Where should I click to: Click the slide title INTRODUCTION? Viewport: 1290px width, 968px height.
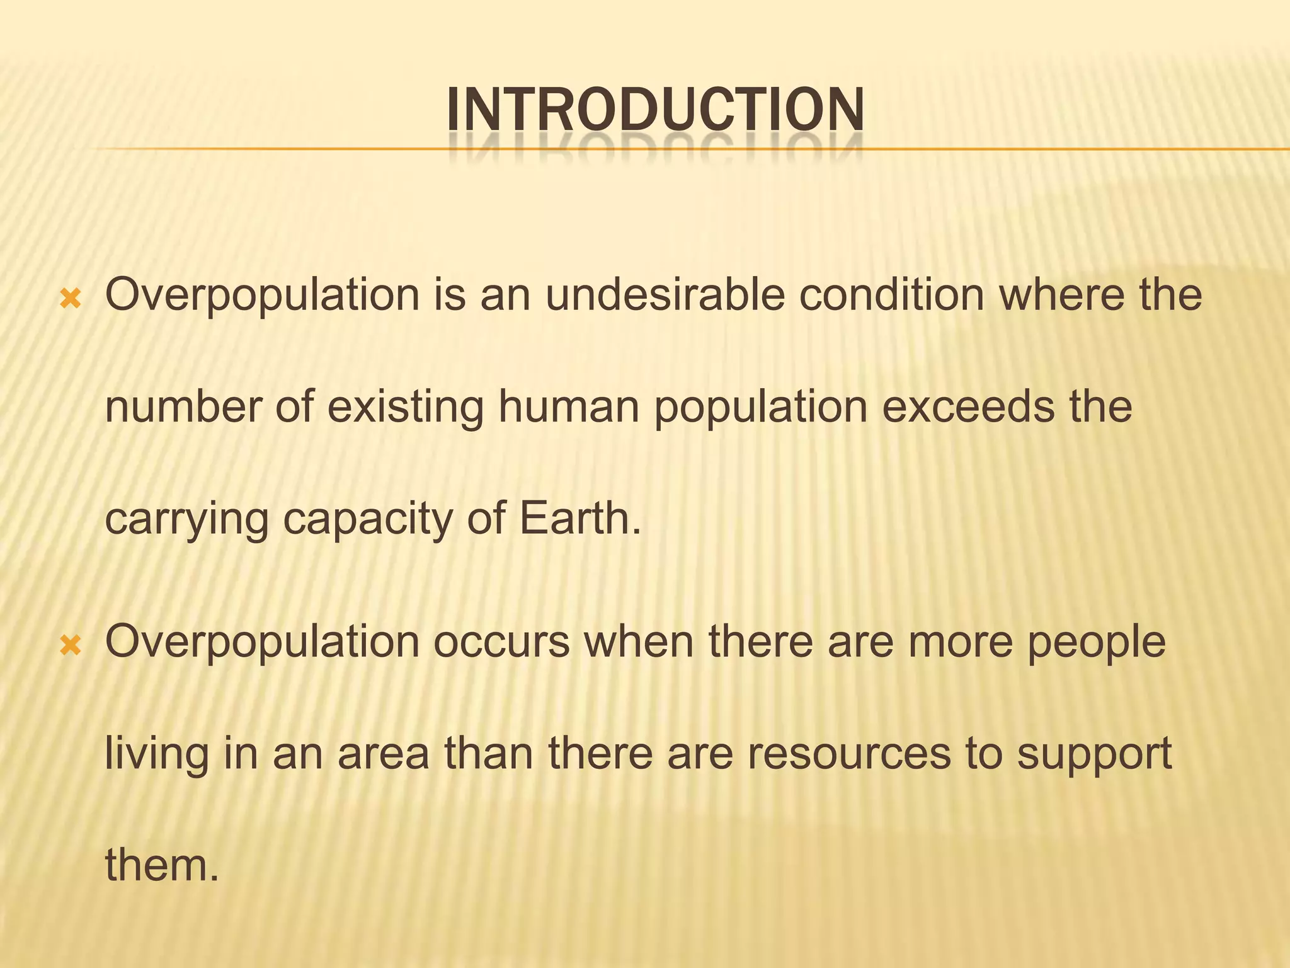655,110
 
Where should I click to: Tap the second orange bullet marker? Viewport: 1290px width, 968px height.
71,645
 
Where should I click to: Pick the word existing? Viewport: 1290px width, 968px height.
405,408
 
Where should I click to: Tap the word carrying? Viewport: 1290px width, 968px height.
186,521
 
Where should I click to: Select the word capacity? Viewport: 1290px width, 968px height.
367,521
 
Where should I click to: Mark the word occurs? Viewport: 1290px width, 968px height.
501,642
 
